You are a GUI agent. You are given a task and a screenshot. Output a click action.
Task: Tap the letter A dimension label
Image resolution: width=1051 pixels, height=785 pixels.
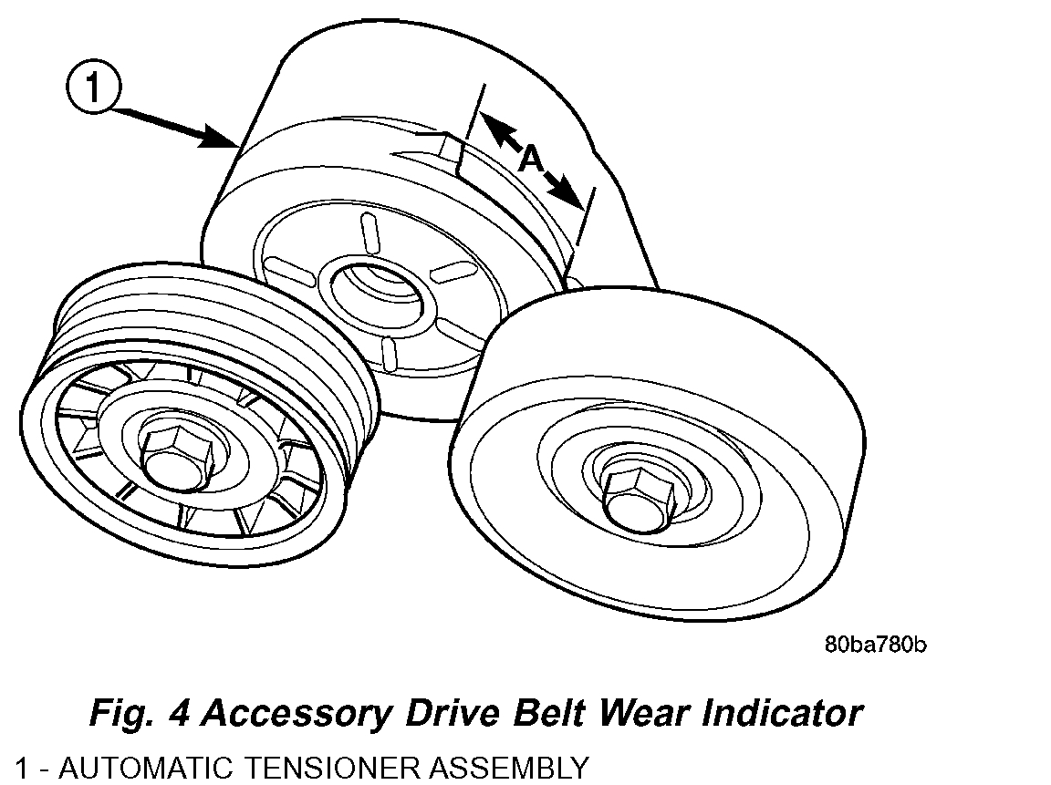point(531,160)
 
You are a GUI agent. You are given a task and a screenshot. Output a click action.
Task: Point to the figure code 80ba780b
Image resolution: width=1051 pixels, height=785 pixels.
point(876,645)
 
